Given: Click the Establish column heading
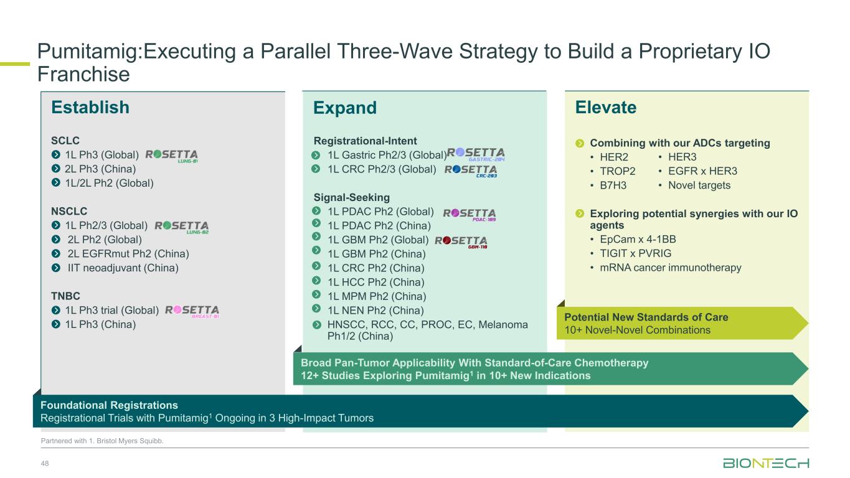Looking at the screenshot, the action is pyautogui.click(x=90, y=107).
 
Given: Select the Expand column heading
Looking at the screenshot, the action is pyautogui.click(x=345, y=108).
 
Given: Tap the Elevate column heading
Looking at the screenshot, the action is pyautogui.click(x=606, y=107).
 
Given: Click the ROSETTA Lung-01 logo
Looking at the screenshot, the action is pyautogui.click(x=171, y=156).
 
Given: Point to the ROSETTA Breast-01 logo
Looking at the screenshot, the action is pyautogui.click(x=192, y=311).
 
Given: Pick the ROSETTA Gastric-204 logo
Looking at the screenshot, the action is pyautogui.click(x=476, y=154).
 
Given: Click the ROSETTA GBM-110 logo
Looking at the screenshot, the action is pyautogui.click(x=461, y=242).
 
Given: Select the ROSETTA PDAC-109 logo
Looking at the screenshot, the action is pyautogui.click(x=470, y=215).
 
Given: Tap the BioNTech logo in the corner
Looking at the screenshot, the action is pyautogui.click(x=766, y=463).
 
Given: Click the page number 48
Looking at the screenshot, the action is pyautogui.click(x=45, y=463).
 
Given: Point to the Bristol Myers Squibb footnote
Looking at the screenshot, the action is pyautogui.click(x=102, y=441).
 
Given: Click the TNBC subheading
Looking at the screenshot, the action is pyautogui.click(x=65, y=296).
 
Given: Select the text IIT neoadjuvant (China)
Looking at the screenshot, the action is pyautogui.click(x=123, y=268).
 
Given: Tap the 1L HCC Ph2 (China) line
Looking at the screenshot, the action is pyautogui.click(x=375, y=282).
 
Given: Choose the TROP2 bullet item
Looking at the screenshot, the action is pyautogui.click(x=617, y=171).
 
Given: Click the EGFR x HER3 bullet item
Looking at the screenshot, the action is pyautogui.click(x=702, y=171).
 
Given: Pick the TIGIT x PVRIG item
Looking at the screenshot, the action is pyautogui.click(x=635, y=253).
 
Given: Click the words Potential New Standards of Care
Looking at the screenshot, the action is pyautogui.click(x=646, y=317).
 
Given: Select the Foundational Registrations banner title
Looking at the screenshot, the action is pyautogui.click(x=110, y=405).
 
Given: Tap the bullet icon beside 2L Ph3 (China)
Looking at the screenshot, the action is pyautogui.click(x=56, y=169).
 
